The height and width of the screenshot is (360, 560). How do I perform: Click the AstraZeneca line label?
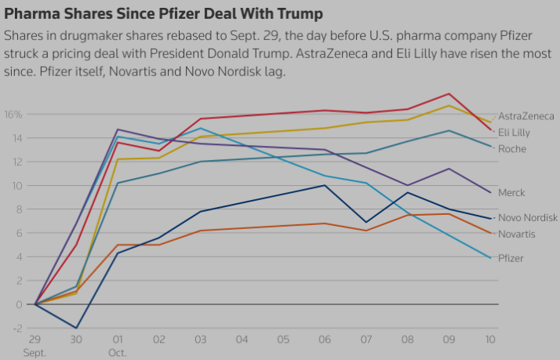point(526,116)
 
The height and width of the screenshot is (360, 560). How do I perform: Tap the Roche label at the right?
point(513,149)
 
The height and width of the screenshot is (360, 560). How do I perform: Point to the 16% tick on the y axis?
point(13,115)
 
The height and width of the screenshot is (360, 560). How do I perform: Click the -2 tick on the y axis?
point(16,328)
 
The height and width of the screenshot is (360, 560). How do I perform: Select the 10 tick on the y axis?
point(16,186)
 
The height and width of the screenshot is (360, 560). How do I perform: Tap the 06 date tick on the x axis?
point(325,339)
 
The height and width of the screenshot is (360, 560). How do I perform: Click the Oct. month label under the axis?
point(118,352)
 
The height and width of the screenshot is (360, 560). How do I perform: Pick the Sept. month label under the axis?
point(35,352)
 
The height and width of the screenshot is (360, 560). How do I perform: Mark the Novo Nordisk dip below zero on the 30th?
point(76,328)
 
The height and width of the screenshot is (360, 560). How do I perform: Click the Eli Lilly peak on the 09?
point(449,93)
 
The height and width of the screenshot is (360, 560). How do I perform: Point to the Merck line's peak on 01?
point(118,129)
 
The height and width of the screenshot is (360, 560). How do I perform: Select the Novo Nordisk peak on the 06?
point(325,185)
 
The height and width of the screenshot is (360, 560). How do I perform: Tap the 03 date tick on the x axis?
point(201,339)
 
